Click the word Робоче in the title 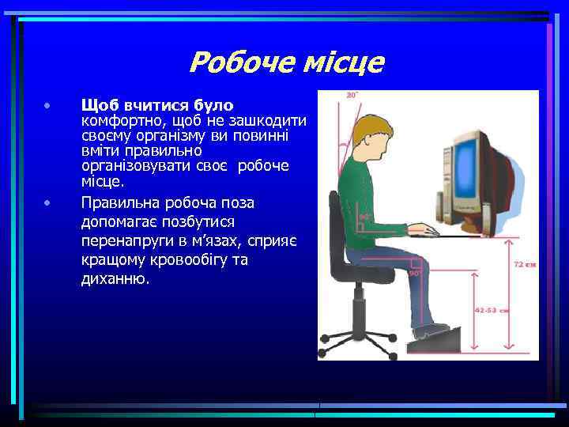coord(236,62)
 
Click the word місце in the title coord(337,62)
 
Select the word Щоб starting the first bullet coord(98,105)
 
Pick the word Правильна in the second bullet coord(117,203)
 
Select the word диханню coord(115,279)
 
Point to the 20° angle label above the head coord(352,96)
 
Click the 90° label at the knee coord(413,272)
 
